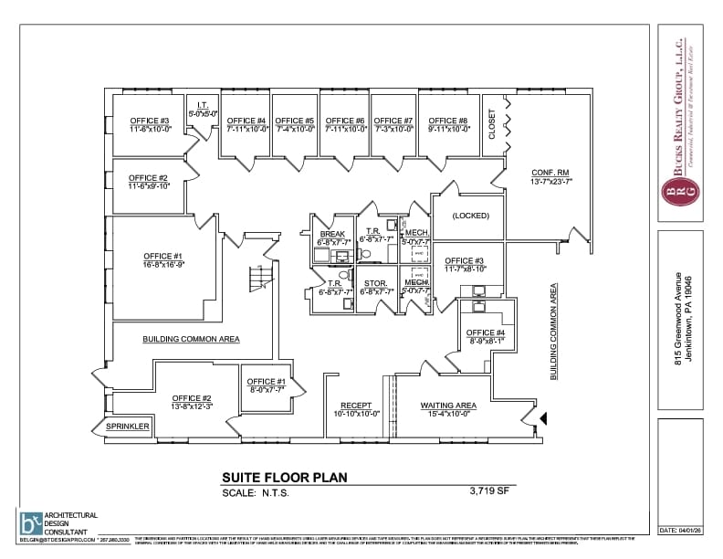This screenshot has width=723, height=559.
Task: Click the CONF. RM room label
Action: pos(550,173)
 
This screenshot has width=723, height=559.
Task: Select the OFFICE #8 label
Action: pos(448,121)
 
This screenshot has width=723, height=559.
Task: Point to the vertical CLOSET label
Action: pos(492,124)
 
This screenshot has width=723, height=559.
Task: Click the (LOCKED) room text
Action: pos(470,216)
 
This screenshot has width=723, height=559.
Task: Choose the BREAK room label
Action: pos(332,235)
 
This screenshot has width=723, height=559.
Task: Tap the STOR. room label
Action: pos(375,283)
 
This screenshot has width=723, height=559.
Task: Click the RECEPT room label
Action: pos(356,406)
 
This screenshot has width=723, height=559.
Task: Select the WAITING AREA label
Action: pos(448,406)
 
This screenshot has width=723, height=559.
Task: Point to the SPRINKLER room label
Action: pos(126,426)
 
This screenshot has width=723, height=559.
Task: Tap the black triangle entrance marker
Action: pos(544,418)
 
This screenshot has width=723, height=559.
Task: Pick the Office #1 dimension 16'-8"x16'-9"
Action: pos(164,264)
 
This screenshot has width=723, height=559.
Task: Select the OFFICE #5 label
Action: pos(295,121)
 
